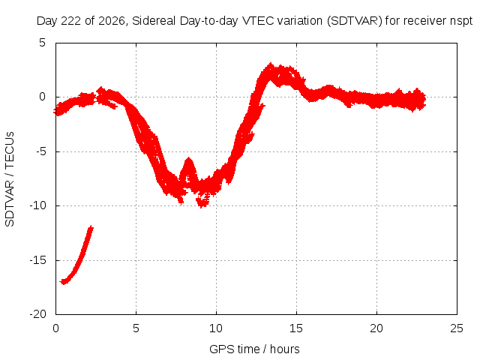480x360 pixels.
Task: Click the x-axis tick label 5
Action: [x=136, y=328]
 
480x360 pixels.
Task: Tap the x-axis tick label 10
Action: [x=216, y=328]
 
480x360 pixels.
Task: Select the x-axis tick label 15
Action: [x=296, y=328]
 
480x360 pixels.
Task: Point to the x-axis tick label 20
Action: [x=376, y=328]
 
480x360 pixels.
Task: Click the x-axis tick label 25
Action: [x=457, y=328]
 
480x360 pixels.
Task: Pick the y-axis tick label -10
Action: [x=38, y=205]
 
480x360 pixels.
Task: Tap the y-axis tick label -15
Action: [x=38, y=260]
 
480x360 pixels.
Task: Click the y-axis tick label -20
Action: [x=38, y=314]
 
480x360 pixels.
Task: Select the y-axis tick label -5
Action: [x=41, y=151]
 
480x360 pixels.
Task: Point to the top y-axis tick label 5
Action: [x=43, y=43]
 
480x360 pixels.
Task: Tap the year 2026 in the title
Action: [x=112, y=21]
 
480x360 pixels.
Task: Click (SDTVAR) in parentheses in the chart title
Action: [x=354, y=21]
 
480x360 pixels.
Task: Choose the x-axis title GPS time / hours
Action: [x=254, y=349]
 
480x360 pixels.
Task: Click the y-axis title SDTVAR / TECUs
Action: [x=10, y=179]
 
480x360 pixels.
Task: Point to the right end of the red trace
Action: [x=425, y=99]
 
